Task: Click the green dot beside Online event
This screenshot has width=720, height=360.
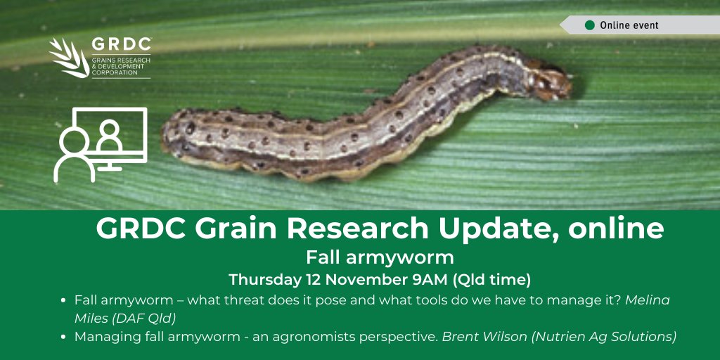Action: pos(590,25)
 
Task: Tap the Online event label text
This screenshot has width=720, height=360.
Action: pos(629,25)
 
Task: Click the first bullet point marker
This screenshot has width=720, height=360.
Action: pos(65,300)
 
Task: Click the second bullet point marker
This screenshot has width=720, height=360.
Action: pos(65,337)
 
